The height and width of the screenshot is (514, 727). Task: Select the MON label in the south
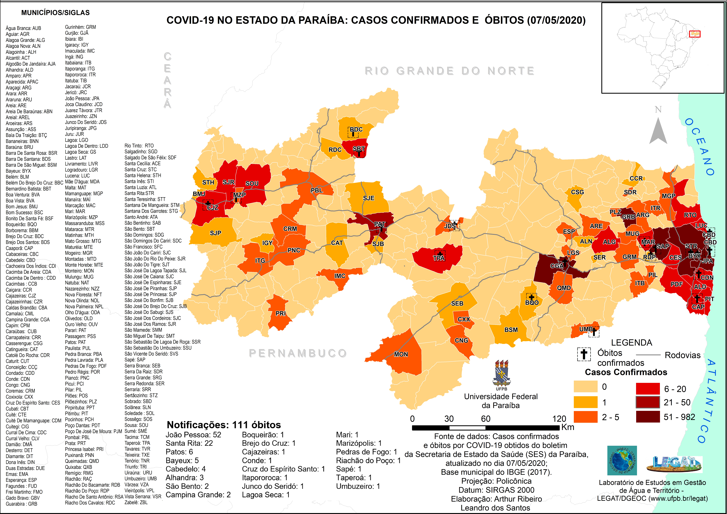(401, 354)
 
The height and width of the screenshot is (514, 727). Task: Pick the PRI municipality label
(281, 313)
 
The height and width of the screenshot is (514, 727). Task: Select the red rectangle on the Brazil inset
(695, 34)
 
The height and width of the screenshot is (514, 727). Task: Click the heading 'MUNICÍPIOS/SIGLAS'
(55, 13)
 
